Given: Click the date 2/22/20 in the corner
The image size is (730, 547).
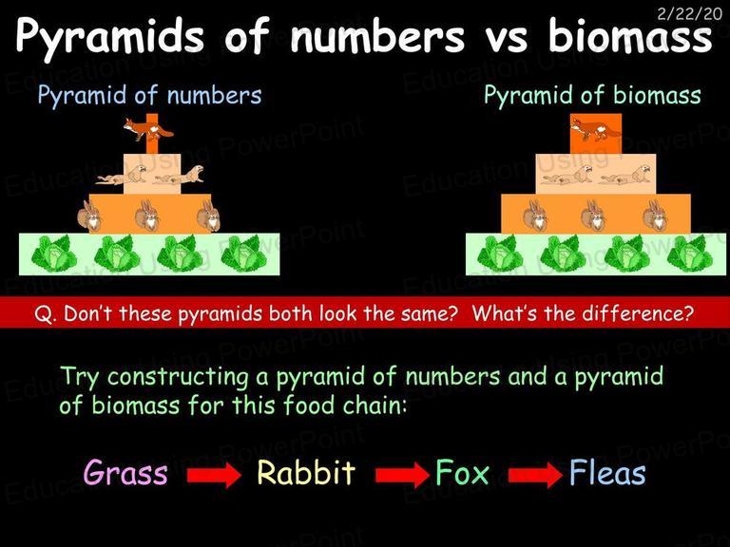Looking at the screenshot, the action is point(689,14).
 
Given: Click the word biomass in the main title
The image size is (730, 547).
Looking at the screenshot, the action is point(630,36).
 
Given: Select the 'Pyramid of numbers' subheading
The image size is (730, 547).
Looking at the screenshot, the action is point(149,95).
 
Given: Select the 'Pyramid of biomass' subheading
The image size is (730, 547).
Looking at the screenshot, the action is point(592,95).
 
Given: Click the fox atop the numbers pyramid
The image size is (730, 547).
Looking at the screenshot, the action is point(147,129).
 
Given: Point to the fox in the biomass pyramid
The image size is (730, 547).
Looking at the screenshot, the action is point(595,129).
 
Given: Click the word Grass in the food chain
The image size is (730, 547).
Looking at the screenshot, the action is point(125,473).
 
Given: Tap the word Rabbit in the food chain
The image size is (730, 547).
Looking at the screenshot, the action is point(306,473).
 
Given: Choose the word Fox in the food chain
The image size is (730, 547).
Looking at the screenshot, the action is point(462,473).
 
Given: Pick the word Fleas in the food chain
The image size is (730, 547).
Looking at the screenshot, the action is point(607,473).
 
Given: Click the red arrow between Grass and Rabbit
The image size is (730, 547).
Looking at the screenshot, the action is point(214,475).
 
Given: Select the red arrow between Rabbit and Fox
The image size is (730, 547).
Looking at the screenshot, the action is point(402,475).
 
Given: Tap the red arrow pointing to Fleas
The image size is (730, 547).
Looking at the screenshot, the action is point(535,475).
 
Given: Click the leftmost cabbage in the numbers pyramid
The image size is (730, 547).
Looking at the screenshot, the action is point(51,254).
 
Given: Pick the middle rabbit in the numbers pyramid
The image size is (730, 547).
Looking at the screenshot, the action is point(147,216).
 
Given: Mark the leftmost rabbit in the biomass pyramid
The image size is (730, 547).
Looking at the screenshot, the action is point(535,216).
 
